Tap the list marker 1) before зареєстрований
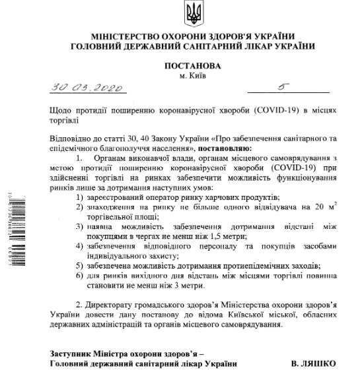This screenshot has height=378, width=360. [x=79, y=198]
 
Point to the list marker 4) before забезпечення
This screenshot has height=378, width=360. [x=79, y=246]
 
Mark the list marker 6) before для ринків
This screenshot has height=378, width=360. [x=79, y=275]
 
